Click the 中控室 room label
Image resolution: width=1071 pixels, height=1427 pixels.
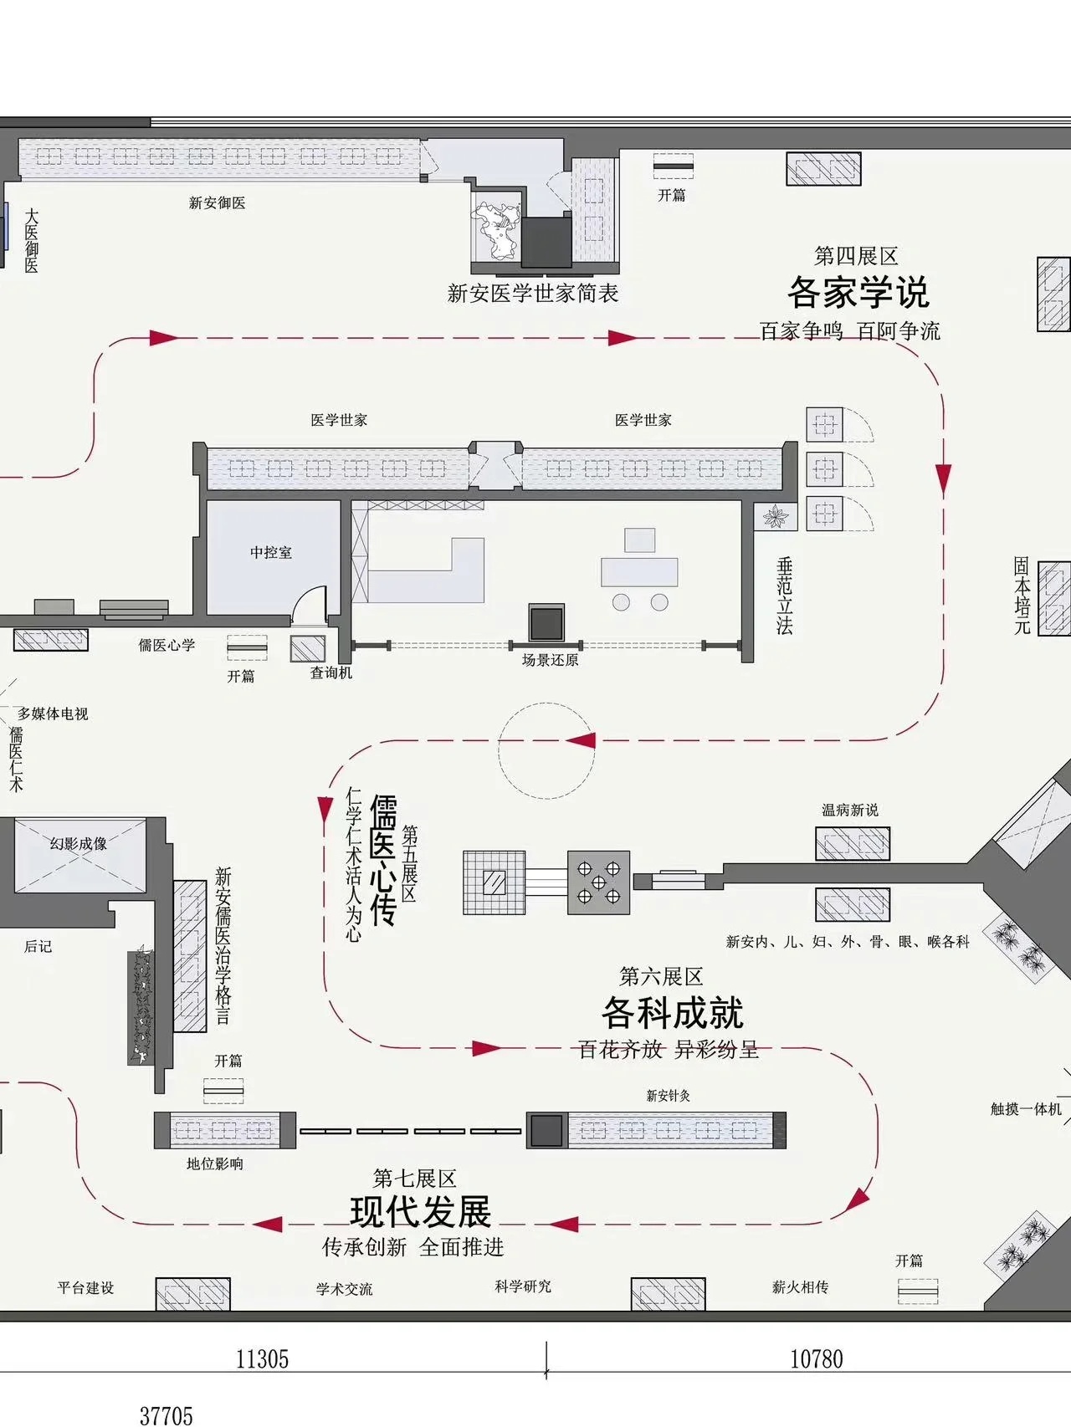pyautogui.click(x=271, y=553)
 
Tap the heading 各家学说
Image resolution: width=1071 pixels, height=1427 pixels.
pyautogui.click(x=858, y=293)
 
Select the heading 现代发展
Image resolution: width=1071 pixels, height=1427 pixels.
pyautogui.click(x=420, y=1211)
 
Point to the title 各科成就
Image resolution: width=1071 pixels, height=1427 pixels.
pyautogui.click(x=672, y=1013)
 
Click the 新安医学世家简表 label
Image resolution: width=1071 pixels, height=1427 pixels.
pyautogui.click(x=532, y=294)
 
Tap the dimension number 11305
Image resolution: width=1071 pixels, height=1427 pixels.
pyautogui.click(x=262, y=1359)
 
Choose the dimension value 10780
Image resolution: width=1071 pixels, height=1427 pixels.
pyautogui.click(x=817, y=1359)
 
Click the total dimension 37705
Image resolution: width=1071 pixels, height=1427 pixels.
pyautogui.click(x=166, y=1415)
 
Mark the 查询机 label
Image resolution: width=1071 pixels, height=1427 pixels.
pyautogui.click(x=331, y=673)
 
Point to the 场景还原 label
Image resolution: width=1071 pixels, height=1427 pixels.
pyautogui.click(x=550, y=660)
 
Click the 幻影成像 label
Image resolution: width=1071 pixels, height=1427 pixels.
pyautogui.click(x=79, y=844)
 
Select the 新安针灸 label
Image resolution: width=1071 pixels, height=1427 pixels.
pyautogui.click(x=668, y=1096)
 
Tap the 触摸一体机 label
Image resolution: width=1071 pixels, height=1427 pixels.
pyautogui.click(x=1026, y=1109)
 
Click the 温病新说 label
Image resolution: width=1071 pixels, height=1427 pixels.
pyautogui.click(x=850, y=810)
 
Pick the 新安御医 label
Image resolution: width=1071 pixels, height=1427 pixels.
pyautogui.click(x=217, y=203)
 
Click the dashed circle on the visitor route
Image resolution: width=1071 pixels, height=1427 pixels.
pyautogui.click(x=546, y=750)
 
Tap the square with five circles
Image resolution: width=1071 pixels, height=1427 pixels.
pyautogui.click(x=598, y=882)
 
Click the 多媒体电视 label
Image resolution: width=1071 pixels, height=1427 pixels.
pyautogui.click(x=53, y=714)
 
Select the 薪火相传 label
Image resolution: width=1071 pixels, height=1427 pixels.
pyautogui.click(x=800, y=1287)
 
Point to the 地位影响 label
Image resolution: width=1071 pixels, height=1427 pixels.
pyautogui.click(x=214, y=1164)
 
